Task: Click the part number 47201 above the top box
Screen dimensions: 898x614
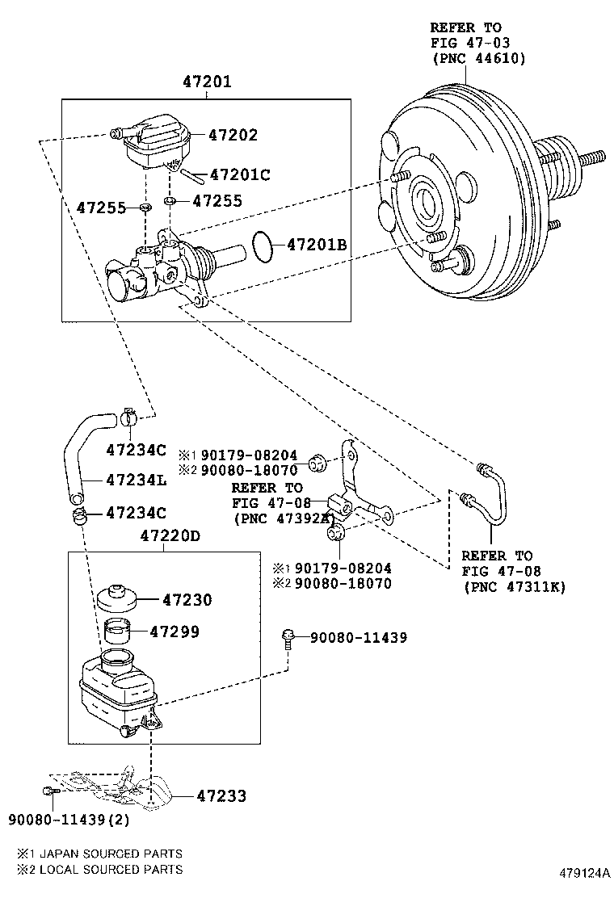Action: click(207, 82)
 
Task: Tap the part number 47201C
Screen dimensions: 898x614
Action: click(239, 174)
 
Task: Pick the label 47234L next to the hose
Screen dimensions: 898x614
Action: click(136, 480)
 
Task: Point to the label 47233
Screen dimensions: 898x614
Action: click(221, 796)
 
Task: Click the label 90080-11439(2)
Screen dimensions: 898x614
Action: click(69, 820)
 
